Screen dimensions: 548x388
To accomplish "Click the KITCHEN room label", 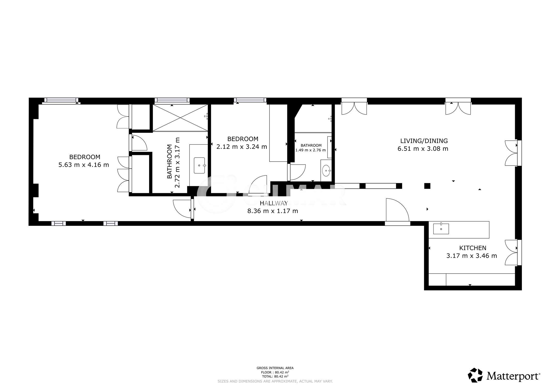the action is (x=473, y=248).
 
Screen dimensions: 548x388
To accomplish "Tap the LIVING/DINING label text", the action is (x=424, y=141).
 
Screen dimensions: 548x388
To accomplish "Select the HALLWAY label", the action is (x=274, y=203).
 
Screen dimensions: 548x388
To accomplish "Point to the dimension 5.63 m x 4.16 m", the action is (x=84, y=165).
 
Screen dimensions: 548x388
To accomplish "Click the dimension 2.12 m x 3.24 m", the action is (x=242, y=147).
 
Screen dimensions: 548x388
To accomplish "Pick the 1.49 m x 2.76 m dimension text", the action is (x=311, y=150).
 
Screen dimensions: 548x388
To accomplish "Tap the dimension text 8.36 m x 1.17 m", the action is (x=273, y=211).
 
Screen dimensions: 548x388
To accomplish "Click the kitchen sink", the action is (x=441, y=229).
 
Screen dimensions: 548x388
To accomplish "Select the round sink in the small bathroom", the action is (x=326, y=171).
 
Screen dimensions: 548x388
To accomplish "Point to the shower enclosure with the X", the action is (x=180, y=118).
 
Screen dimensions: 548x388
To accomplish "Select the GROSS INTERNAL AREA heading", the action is (x=275, y=368).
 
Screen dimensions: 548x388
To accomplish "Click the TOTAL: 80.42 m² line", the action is (x=275, y=376).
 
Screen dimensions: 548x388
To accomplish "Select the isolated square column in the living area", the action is (x=427, y=186).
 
